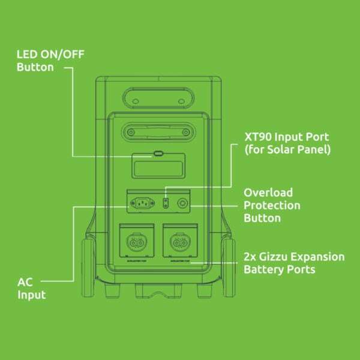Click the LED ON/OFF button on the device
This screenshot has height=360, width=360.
[158, 154]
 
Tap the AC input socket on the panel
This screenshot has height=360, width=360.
[142, 203]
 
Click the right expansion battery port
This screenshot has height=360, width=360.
[179, 242]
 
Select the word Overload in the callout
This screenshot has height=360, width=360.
[268, 193]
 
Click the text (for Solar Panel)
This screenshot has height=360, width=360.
[287, 150]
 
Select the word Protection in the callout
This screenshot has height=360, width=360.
[272, 205]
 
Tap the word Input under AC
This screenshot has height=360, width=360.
[32, 295]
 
